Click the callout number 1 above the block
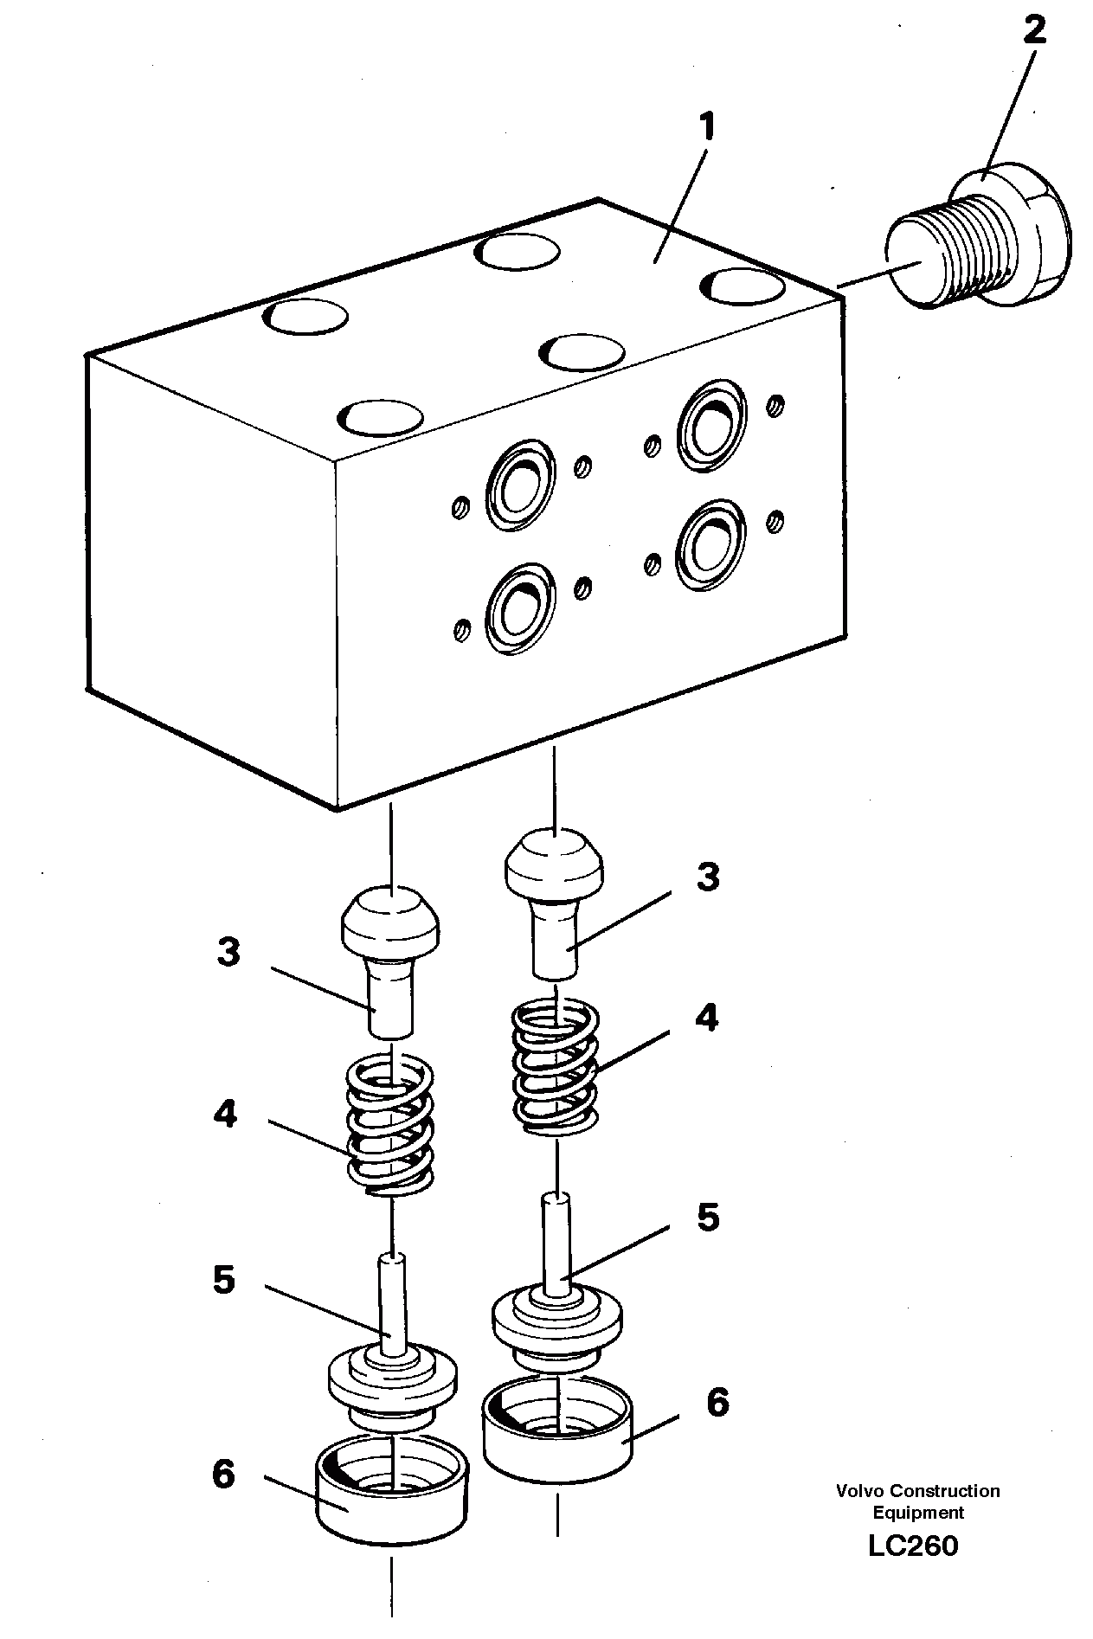tap(707, 128)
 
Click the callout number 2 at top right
tap(1033, 31)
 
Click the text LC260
tap(913, 1546)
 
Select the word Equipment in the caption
tap(917, 1513)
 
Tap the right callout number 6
tap(717, 1403)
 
